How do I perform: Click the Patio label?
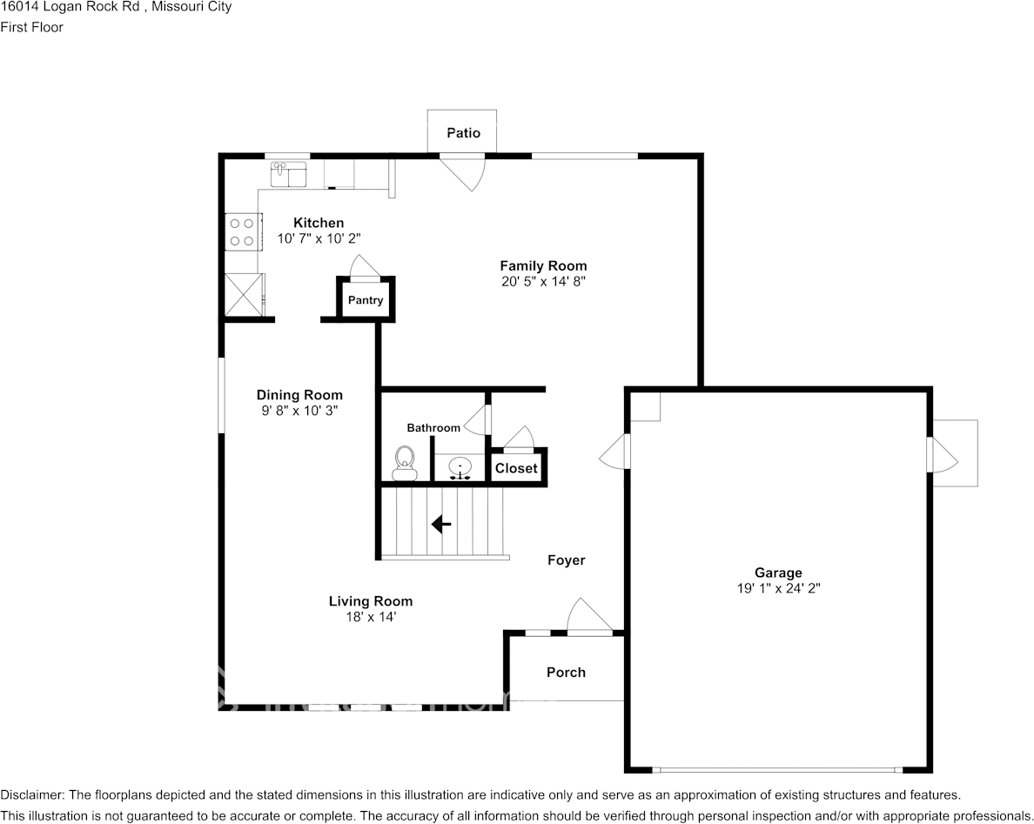click(463, 133)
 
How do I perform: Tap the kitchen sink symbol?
click(288, 175)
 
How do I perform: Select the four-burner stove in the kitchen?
click(242, 231)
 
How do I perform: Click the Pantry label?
click(366, 300)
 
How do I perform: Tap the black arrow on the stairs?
click(441, 524)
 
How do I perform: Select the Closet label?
click(516, 468)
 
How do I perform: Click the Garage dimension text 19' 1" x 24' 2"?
click(778, 588)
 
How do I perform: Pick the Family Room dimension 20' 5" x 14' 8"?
click(543, 281)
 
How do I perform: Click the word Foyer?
click(566, 560)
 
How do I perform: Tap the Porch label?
click(566, 672)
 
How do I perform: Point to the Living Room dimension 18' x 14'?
click(371, 617)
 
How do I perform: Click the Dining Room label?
click(299, 395)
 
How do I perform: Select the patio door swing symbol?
click(467, 171)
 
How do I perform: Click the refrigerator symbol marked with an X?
click(243, 294)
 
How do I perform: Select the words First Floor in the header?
click(32, 27)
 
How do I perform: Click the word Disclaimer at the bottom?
click(31, 794)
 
